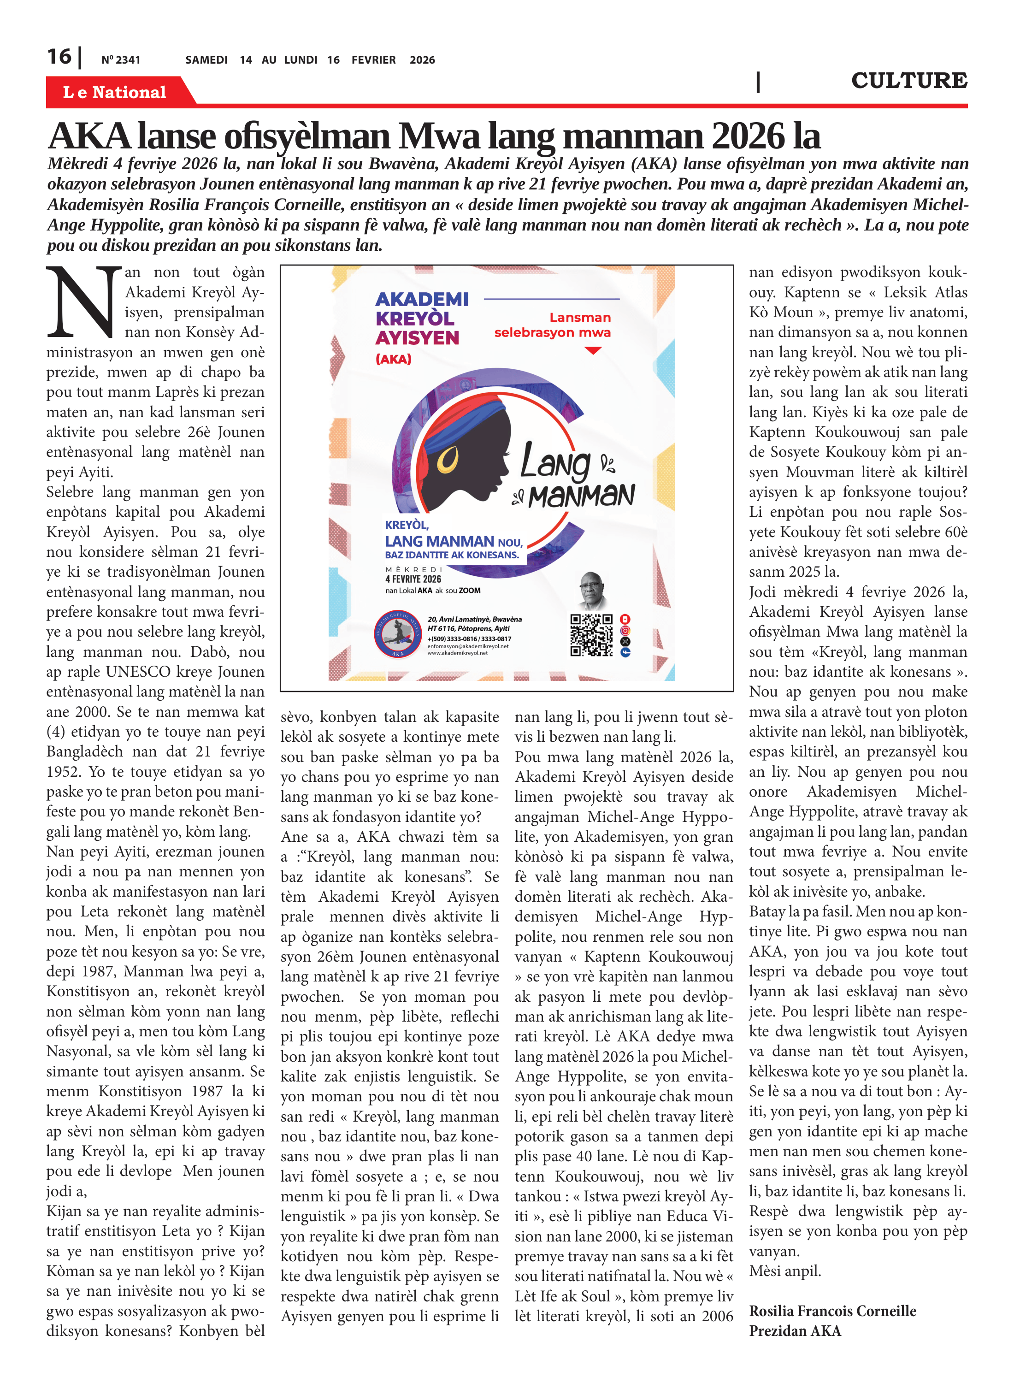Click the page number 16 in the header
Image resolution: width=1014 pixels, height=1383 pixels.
click(59, 57)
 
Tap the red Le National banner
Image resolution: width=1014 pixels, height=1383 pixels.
click(115, 92)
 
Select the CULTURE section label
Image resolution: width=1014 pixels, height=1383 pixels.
click(908, 80)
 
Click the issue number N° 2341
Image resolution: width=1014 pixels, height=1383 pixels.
click(121, 60)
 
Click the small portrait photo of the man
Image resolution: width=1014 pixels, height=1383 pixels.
click(594, 590)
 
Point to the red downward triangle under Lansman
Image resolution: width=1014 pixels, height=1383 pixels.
click(593, 350)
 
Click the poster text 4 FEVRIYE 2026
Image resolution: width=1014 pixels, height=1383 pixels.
click(413, 579)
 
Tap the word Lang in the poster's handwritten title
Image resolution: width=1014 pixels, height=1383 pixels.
click(555, 461)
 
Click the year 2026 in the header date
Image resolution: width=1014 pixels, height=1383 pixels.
click(422, 60)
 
